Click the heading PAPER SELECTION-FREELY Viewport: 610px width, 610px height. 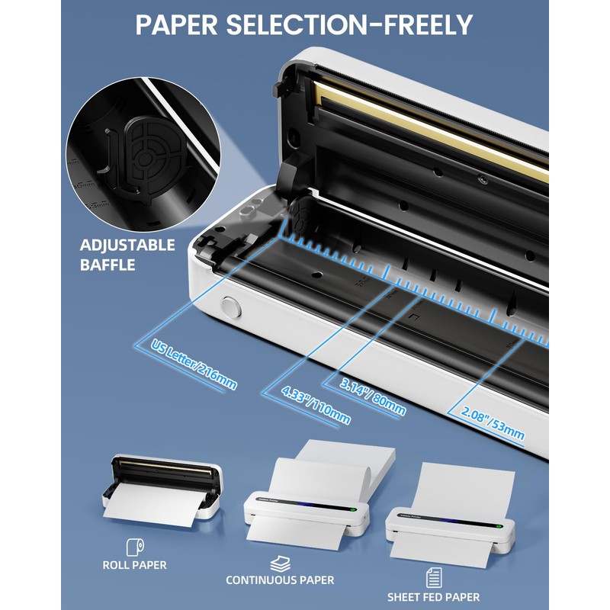[304, 25]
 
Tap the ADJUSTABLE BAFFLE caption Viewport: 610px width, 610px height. [127, 255]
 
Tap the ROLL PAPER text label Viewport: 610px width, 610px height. [136, 565]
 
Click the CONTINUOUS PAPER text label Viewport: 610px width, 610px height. [279, 580]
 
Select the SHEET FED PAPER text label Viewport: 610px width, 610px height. [432, 597]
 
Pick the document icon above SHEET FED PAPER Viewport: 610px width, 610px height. [432, 577]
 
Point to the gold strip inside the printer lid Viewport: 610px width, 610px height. [427, 130]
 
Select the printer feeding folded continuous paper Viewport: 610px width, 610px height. [305, 509]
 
